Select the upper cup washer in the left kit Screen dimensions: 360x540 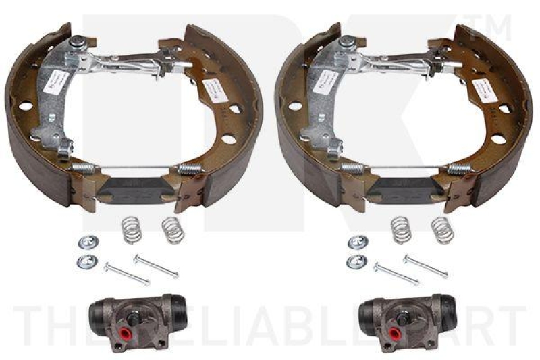[86, 241]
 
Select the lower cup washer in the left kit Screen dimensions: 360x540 [84, 260]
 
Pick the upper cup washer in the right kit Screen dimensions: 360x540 [355, 241]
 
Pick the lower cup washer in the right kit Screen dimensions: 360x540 [353, 261]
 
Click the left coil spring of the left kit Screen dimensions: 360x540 [132, 228]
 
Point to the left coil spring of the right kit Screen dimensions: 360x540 [401, 228]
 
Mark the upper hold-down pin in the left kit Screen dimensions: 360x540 [156, 265]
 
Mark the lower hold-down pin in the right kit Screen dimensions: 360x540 [396, 273]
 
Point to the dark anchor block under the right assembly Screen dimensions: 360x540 [404, 188]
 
